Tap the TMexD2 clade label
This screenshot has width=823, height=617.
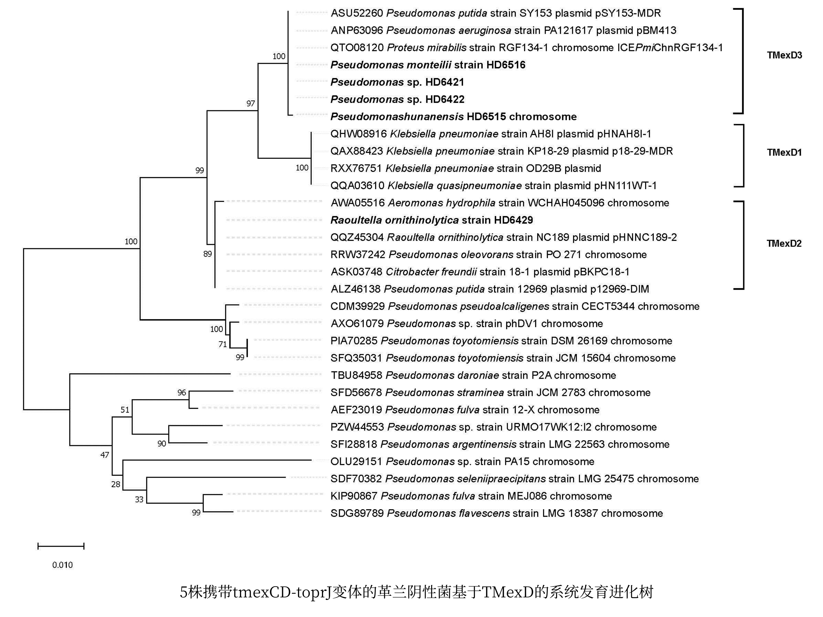tap(784, 243)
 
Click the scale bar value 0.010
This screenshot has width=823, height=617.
tap(63, 565)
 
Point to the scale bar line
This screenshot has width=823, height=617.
tap(61, 546)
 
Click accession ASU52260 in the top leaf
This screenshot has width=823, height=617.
tap(357, 13)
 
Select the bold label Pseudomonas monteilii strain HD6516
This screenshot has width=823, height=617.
tap(428, 65)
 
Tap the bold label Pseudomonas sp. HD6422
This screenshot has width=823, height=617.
tap(397, 99)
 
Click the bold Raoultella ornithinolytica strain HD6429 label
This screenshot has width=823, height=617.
tap(432, 220)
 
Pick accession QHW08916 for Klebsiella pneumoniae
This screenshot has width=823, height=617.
tap(359, 133)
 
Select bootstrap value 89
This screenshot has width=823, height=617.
tap(208, 254)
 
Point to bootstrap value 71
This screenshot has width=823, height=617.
tap(223, 344)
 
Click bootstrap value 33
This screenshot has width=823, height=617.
tap(139, 499)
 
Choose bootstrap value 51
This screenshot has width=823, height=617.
tap(125, 410)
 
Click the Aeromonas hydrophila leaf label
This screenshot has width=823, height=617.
tap(500, 203)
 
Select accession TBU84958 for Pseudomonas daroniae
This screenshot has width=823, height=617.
tap(356, 375)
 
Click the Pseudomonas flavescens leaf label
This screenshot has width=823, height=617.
tap(497, 513)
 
